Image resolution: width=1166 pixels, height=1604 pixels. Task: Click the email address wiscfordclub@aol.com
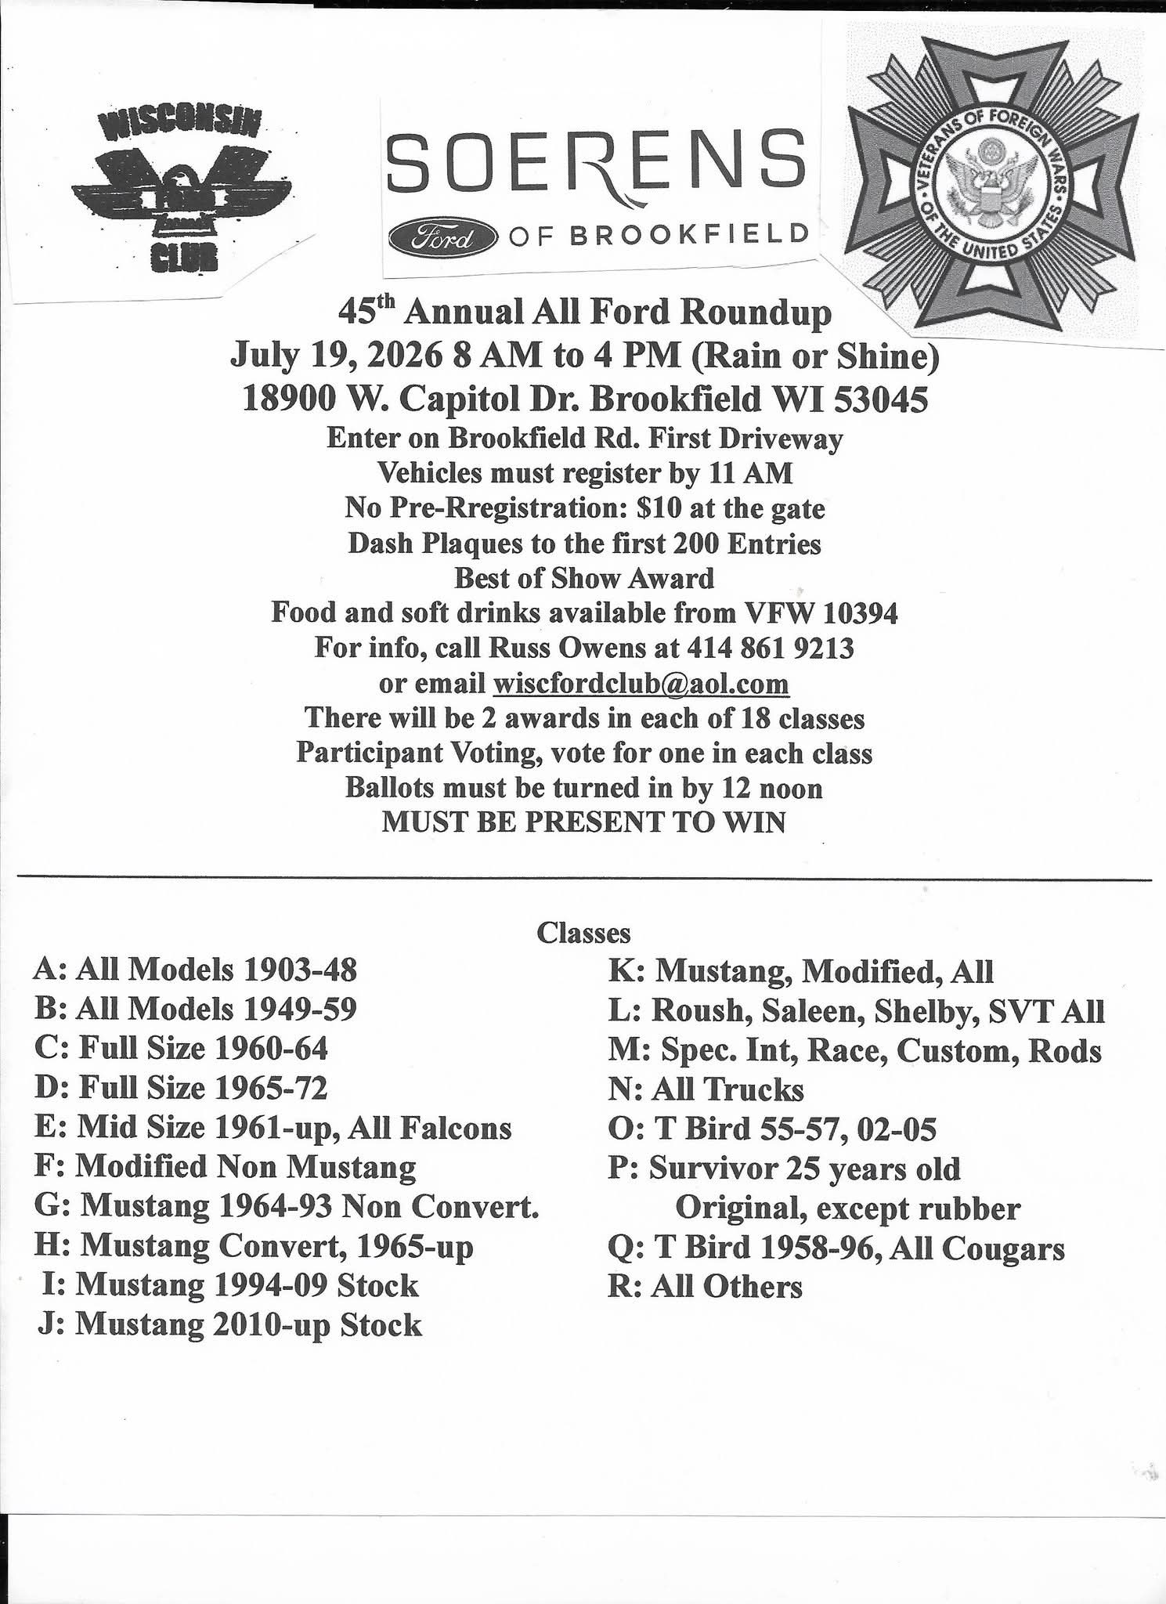tap(641, 684)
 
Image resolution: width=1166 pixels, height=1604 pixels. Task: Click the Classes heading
tap(583, 933)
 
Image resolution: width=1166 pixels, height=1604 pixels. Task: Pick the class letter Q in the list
tap(619, 1248)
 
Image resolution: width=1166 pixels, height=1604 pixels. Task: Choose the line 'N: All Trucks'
tap(706, 1089)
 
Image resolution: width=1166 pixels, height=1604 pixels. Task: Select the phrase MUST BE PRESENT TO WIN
tap(583, 823)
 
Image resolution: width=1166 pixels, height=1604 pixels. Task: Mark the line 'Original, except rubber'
tap(847, 1208)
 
